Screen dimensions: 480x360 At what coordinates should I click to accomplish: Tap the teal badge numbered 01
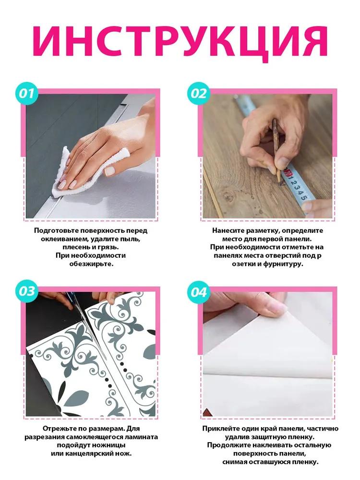click(x=27, y=93)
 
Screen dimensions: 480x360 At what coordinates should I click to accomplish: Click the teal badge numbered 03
click(x=27, y=291)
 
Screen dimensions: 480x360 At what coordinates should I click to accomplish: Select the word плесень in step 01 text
click(x=78, y=247)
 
